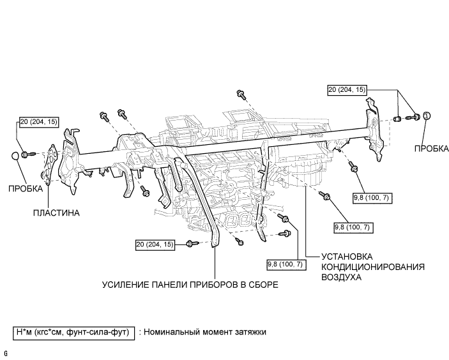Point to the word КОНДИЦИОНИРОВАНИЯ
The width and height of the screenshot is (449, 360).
point(356,267)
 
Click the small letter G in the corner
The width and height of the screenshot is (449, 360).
point(5,353)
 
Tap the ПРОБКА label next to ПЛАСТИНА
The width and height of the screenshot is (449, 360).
point(26,188)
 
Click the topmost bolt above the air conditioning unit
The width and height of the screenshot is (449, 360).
point(241,94)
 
